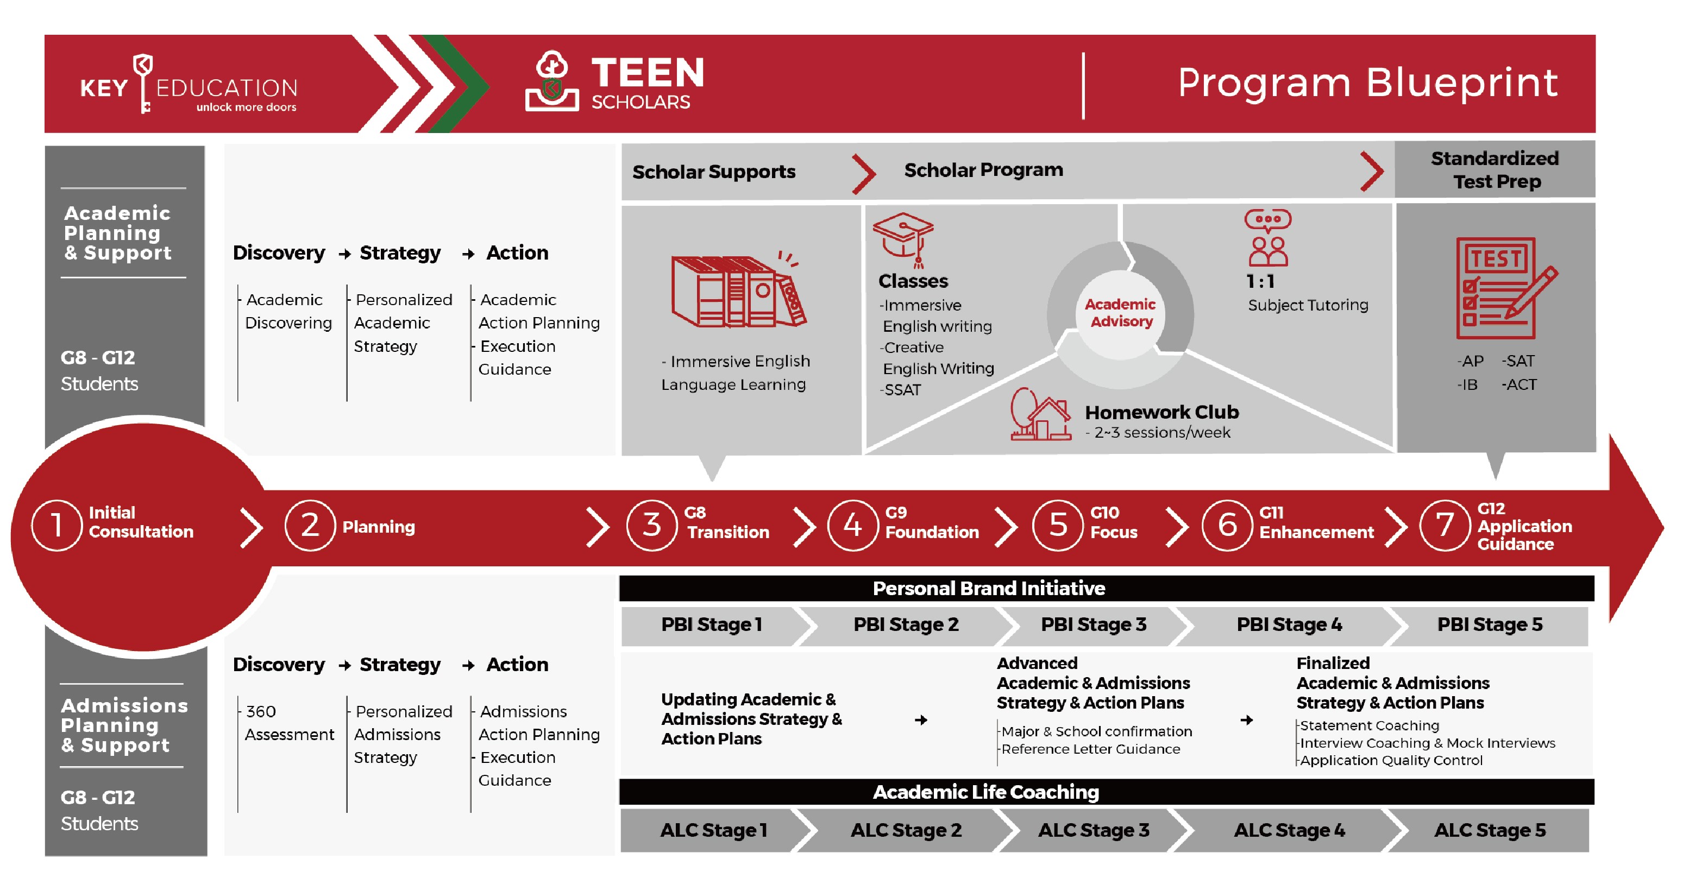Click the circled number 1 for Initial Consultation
click(x=56, y=525)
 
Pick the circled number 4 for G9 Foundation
click(x=852, y=525)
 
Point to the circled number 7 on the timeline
click(x=1444, y=525)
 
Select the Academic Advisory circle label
click(x=1120, y=313)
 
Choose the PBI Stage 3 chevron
click(x=1093, y=624)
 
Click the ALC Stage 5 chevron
click(x=1489, y=830)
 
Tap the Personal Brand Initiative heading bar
click(x=988, y=589)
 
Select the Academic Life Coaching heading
click(x=985, y=792)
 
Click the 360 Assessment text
click(x=288, y=723)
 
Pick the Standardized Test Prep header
click(x=1496, y=170)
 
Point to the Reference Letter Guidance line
click(x=1090, y=749)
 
